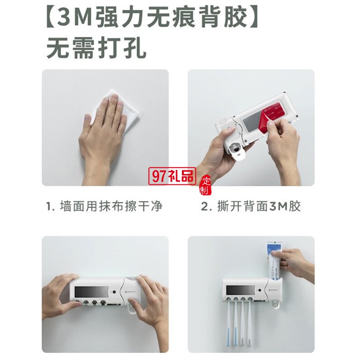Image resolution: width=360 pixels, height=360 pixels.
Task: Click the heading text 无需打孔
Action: click(x=96, y=48)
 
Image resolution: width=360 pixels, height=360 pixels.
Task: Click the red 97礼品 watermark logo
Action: click(x=172, y=176)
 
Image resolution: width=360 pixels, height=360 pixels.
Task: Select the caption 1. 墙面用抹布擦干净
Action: click(x=105, y=206)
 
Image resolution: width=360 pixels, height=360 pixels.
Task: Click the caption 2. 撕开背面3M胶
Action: click(x=251, y=206)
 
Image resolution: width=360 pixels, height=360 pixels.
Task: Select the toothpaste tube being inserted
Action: click(x=275, y=262)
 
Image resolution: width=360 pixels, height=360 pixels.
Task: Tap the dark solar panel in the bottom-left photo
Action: click(x=91, y=292)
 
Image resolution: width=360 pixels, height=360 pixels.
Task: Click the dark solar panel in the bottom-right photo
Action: click(x=240, y=291)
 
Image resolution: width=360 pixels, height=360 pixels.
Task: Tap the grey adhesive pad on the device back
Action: click(x=253, y=120)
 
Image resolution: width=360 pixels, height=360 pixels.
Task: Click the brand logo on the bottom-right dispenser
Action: click(x=273, y=290)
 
